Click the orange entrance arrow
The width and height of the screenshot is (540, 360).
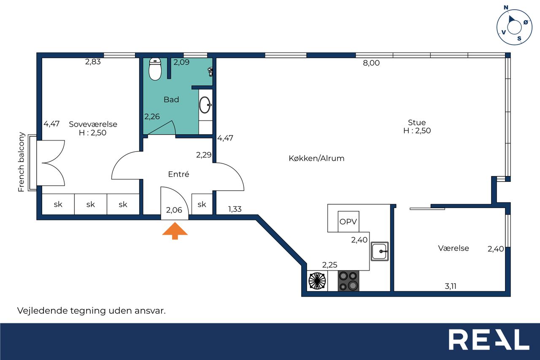click(175, 231)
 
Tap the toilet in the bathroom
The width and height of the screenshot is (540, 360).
click(155, 69)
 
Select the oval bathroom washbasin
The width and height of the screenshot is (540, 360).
click(205, 105)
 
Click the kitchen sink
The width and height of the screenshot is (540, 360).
click(380, 251)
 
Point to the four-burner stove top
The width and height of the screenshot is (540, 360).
click(348, 281)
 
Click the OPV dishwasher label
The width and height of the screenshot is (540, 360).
click(348, 222)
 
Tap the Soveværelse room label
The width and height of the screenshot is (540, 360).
click(93, 124)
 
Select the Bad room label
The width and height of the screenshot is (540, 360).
click(171, 99)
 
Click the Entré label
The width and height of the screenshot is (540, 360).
click(178, 174)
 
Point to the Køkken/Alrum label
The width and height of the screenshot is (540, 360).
click(316, 158)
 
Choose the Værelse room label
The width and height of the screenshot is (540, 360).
click(454, 248)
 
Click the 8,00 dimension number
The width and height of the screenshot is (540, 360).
click(371, 63)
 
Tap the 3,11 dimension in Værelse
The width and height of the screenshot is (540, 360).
click(451, 286)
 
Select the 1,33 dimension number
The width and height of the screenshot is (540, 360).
click(235, 209)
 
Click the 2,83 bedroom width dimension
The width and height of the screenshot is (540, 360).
click(93, 62)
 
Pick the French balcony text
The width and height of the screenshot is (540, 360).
click(21, 162)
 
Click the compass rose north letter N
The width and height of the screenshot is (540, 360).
click(506, 8)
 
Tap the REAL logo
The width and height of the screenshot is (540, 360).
click(489, 339)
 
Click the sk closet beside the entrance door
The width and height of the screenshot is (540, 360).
click(202, 204)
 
